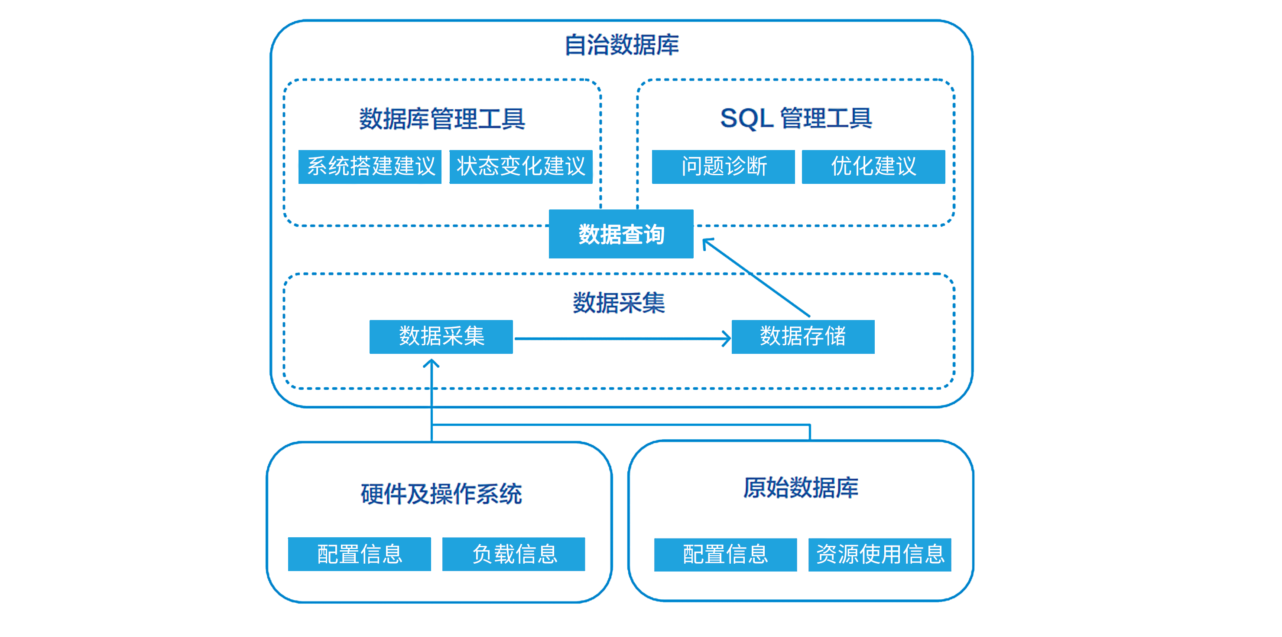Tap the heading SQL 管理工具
coord(795,118)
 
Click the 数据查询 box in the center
coord(621,234)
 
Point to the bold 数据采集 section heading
coord(619,303)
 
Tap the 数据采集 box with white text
coord(441,336)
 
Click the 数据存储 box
coord(802,336)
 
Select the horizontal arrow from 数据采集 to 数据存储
coord(622,339)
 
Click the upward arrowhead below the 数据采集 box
coord(431,365)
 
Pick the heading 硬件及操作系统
coord(441,494)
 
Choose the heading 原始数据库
coord(801,487)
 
